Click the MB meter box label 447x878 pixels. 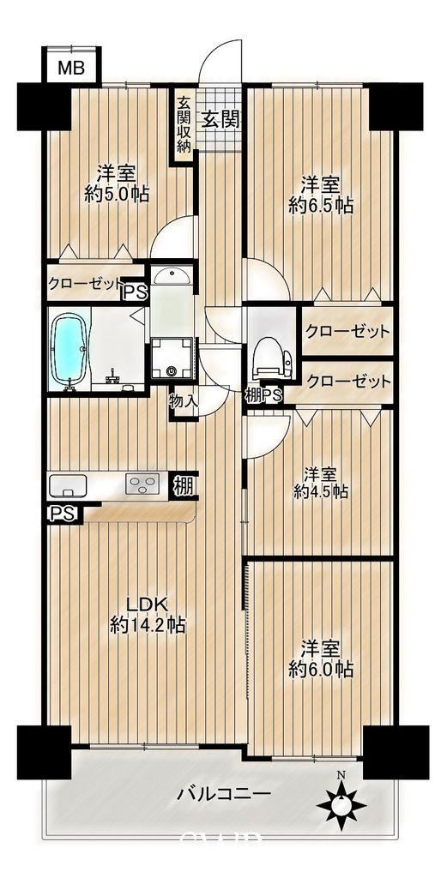[72, 68]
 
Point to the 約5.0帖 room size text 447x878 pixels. [117, 195]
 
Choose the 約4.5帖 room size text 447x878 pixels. [321, 491]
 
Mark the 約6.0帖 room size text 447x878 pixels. [321, 669]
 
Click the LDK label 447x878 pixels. [147, 604]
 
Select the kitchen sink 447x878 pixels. [68, 485]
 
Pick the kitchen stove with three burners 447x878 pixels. [142, 484]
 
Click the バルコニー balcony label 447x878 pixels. [225, 793]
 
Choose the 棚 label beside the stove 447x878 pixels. [184, 485]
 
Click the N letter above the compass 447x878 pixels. [341, 775]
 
